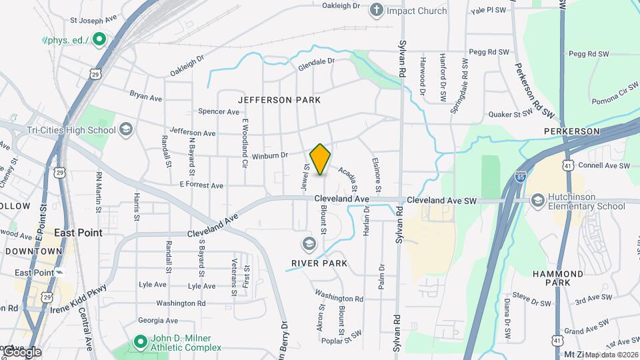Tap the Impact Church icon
[x=377, y=10]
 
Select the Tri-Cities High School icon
[x=125, y=130]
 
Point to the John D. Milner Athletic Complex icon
[x=140, y=343]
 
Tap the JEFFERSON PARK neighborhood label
[x=279, y=100]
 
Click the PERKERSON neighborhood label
[x=572, y=131]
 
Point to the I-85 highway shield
[x=519, y=177]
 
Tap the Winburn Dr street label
[x=269, y=156]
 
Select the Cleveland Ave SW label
[x=442, y=200]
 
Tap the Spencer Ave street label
[x=217, y=111]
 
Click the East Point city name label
[x=78, y=233]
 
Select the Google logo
[x=22, y=352]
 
